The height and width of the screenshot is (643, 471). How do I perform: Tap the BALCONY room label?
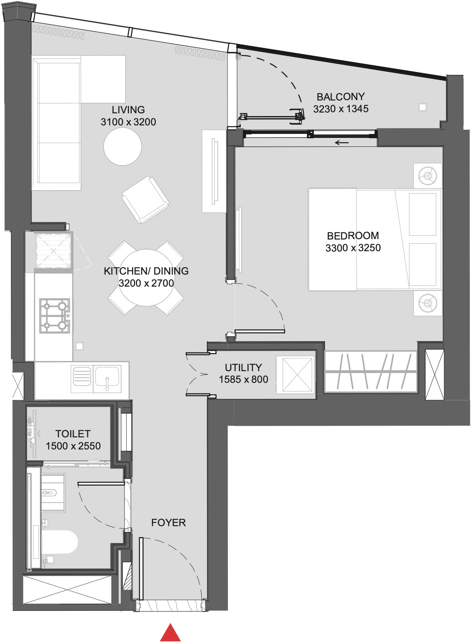(340, 97)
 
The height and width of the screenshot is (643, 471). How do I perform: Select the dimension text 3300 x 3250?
(353, 248)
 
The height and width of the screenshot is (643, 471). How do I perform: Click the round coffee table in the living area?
(122, 146)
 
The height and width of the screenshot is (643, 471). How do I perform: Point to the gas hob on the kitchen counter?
(55, 315)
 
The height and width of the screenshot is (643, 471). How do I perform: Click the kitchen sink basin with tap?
(107, 378)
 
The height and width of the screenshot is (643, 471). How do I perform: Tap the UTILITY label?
(243, 367)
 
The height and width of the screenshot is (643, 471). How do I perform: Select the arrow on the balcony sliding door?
(342, 143)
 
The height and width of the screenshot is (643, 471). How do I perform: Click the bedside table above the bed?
(428, 176)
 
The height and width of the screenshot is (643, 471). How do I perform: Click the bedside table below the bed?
(428, 303)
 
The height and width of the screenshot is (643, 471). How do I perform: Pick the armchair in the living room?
(145, 199)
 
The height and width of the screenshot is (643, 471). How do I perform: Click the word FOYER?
(168, 522)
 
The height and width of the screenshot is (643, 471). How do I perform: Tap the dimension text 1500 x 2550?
(73, 446)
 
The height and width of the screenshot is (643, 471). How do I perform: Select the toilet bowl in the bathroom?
(58, 542)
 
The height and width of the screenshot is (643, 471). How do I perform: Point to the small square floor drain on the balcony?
(422, 107)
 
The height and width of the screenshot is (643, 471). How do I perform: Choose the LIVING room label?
(128, 110)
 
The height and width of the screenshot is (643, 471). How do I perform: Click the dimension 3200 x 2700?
(146, 283)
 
